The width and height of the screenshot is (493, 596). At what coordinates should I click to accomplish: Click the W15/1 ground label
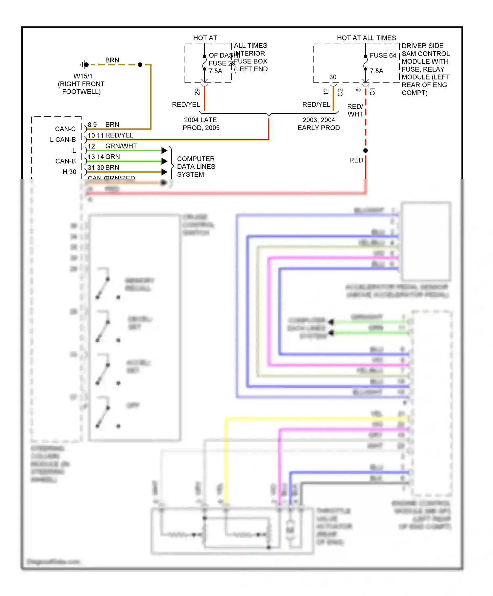coord(83,76)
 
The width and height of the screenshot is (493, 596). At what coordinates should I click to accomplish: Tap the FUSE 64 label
coord(383,56)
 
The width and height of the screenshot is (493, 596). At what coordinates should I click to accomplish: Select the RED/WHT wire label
coord(355,110)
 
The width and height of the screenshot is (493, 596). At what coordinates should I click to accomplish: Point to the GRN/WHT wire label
coord(121,146)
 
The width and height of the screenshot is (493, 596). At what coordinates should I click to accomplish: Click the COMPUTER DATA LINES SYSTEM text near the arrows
coord(196,167)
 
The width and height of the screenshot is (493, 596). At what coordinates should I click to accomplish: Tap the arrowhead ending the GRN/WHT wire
coord(165,150)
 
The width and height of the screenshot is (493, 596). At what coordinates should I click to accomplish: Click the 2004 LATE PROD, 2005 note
coord(201,124)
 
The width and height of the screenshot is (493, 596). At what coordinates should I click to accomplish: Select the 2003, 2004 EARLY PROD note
coord(318,124)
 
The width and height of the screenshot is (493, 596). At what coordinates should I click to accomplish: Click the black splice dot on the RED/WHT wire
coord(365,150)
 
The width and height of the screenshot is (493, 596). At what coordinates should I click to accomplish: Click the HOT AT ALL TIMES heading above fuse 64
coord(366,38)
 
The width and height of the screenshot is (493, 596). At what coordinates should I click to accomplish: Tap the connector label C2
coord(340,92)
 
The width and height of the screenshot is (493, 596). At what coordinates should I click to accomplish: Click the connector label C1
coord(372,92)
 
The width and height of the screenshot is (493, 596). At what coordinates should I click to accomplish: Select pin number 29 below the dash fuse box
coord(197,92)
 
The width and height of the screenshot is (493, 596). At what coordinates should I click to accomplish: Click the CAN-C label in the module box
coord(65,129)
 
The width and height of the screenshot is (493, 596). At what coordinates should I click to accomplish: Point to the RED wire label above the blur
coord(356,160)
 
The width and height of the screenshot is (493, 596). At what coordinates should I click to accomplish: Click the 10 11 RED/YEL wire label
coord(110,135)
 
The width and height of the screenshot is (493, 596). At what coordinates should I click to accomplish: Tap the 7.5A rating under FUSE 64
coord(376,71)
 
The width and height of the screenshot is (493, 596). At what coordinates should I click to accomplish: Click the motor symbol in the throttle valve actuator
coord(290,530)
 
